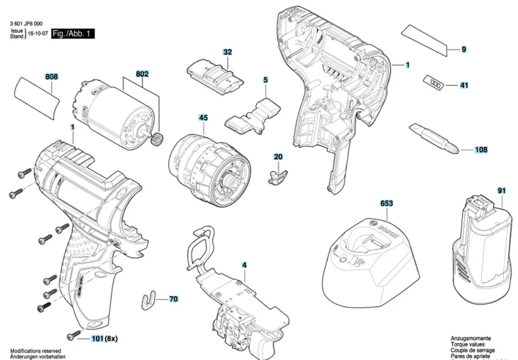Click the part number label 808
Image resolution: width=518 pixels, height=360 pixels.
[x=52, y=77]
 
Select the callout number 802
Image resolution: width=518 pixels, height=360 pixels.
[x=142, y=73]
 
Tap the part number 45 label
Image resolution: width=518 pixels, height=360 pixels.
[x=203, y=118]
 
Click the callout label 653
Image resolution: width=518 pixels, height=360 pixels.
[x=386, y=204]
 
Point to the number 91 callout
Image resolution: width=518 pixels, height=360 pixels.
[x=501, y=190]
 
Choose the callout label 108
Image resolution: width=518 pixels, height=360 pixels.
[x=481, y=150]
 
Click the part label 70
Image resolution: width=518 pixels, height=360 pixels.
[x=173, y=300]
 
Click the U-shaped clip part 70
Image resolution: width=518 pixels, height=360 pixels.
[x=146, y=300]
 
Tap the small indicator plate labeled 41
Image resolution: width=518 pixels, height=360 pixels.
[x=434, y=83]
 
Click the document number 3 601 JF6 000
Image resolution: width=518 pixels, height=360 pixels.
[x=33, y=23]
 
